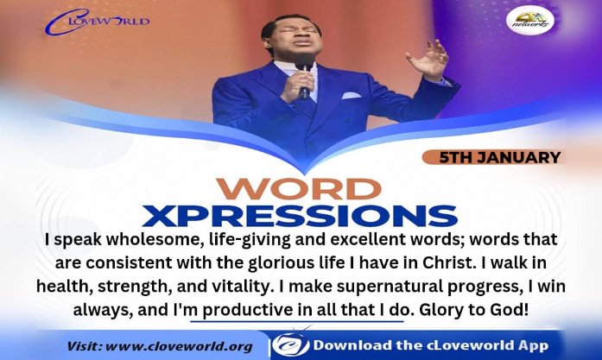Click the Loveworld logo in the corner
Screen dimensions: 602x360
97,22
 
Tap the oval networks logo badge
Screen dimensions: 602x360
530,21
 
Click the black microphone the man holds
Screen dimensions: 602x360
305,77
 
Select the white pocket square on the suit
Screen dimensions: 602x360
352,95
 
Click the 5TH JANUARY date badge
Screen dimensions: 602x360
493,157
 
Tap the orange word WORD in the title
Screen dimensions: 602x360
299,189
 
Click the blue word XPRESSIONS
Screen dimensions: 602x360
300,216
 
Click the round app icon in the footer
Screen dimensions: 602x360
290,344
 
